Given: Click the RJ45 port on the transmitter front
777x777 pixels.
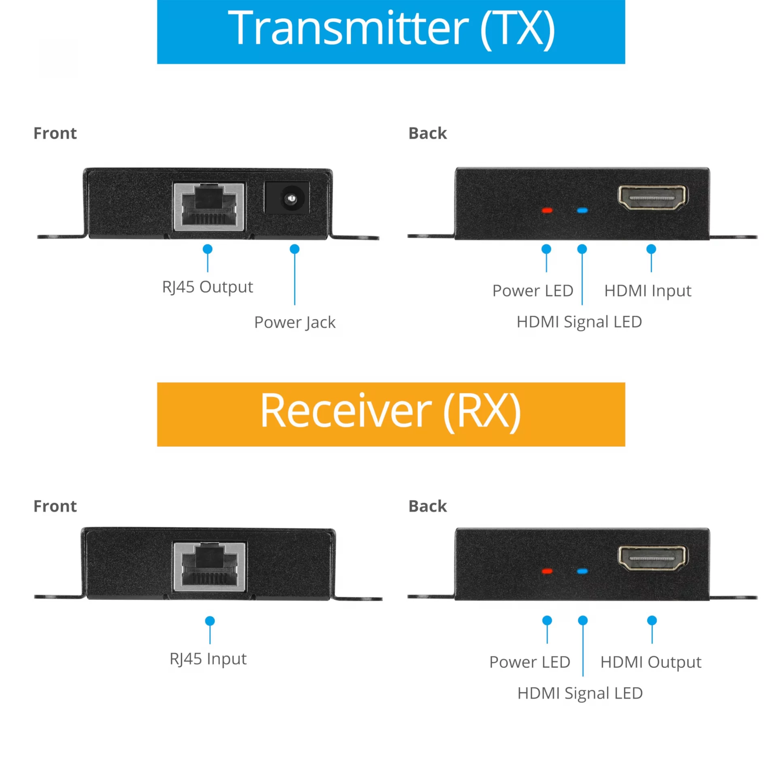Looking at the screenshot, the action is click(209, 206).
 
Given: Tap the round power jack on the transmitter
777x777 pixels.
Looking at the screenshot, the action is click(290, 198).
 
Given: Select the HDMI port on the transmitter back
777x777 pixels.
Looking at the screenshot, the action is click(652, 197).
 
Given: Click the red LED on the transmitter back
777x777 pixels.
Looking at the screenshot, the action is click(547, 210).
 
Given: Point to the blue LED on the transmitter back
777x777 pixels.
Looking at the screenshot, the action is click(582, 210).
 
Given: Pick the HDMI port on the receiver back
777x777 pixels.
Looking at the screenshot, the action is click(652, 558).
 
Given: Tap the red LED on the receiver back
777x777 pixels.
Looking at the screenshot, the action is click(547, 571).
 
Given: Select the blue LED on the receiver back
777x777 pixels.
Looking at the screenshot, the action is click(582, 571).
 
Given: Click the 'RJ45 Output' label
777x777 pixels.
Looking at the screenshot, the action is click(208, 287).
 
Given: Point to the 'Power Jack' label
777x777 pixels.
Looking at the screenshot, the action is click(295, 323).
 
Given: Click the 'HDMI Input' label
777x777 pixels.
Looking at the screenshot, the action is click(648, 291).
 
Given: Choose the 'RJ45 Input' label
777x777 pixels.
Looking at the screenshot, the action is click(208, 659).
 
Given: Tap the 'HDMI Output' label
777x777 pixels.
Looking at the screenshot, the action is click(651, 662).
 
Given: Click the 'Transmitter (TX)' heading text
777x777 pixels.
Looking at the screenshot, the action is click(391, 28).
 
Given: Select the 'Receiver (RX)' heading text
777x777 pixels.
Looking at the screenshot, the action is click(391, 411).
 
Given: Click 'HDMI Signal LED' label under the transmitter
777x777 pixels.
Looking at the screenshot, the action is click(580, 322).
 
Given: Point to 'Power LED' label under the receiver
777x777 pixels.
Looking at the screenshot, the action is click(530, 662).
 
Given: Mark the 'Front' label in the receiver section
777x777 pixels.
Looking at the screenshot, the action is click(55, 506).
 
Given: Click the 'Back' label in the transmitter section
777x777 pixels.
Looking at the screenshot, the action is click(428, 133).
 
